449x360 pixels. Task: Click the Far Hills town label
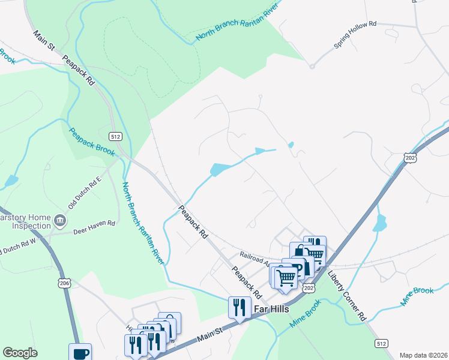tap(271, 309)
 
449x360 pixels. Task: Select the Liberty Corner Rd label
tap(348, 298)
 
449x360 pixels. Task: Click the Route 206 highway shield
tap(64, 282)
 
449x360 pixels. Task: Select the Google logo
tap(20, 353)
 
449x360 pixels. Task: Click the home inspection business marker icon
tap(59, 220)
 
